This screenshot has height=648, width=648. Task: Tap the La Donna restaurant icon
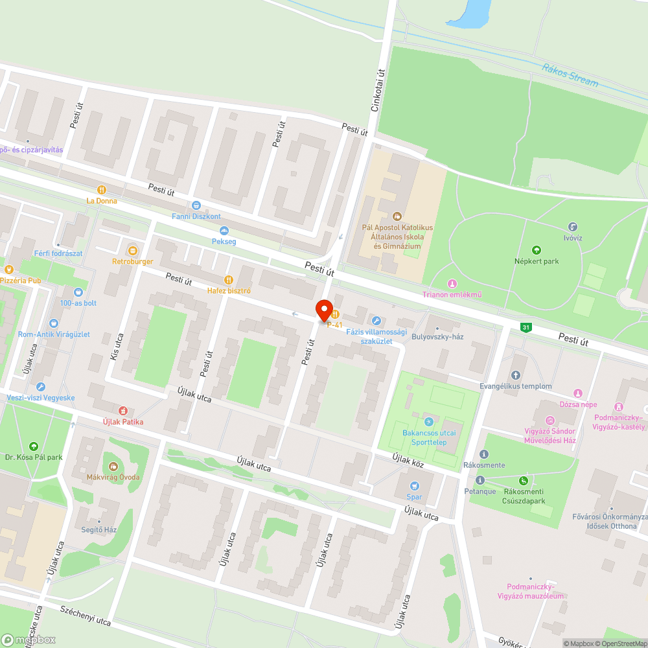101,190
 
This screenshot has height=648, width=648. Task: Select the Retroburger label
132,262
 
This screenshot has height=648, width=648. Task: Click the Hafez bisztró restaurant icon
228,279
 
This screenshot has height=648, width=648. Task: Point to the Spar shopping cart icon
414,486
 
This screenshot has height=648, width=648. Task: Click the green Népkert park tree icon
536,250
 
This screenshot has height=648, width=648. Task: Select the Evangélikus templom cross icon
516,375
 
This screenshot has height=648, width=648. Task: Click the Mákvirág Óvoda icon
114,466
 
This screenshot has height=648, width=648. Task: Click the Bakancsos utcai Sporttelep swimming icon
428,422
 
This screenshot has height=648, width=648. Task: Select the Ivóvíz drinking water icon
573,227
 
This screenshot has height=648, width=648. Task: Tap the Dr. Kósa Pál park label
33,457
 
